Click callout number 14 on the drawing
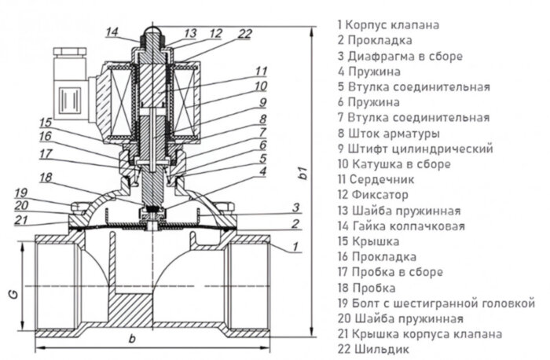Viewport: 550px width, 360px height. (x=112, y=31)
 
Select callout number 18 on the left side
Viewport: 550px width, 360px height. (x=46, y=178)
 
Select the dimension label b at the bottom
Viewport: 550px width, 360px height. (x=132, y=338)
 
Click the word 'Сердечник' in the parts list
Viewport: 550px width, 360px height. (x=379, y=179)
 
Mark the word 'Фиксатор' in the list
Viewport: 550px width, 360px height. (x=377, y=195)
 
